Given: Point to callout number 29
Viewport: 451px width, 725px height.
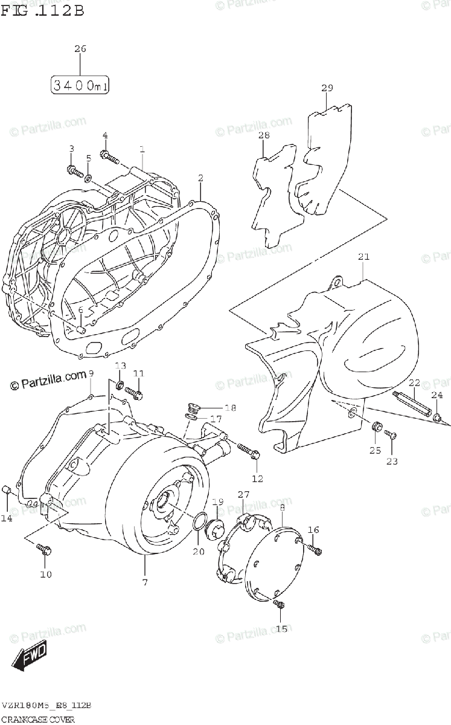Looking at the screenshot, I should pos(327,88).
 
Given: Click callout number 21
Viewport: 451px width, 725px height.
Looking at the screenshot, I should pos(363,257).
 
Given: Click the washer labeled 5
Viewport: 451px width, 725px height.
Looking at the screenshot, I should pos(88,178).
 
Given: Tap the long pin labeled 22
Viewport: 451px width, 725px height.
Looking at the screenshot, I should pos(414,405).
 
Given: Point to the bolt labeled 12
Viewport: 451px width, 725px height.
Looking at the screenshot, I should pos(247,451).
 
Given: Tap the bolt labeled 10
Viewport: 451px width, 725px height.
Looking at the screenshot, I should pos(45,549).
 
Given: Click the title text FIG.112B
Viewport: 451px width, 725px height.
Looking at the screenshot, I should pos(42,10).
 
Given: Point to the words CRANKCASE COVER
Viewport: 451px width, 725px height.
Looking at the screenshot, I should pos(38,719).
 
